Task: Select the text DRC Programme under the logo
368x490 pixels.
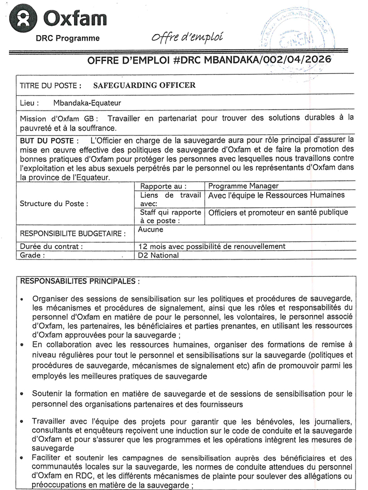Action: [68, 38]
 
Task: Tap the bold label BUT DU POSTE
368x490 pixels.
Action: [50, 140]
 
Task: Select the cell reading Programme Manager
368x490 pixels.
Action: [243, 186]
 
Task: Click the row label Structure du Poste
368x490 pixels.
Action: [54, 204]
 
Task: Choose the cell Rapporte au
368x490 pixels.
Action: [164, 186]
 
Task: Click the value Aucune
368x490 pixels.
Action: [150, 229]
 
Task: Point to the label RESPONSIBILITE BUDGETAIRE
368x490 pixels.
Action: [72, 234]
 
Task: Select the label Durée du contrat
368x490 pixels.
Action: [51, 247]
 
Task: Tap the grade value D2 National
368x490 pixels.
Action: [158, 255]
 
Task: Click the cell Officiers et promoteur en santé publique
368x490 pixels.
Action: [278, 212]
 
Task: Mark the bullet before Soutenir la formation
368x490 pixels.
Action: [22, 394]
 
